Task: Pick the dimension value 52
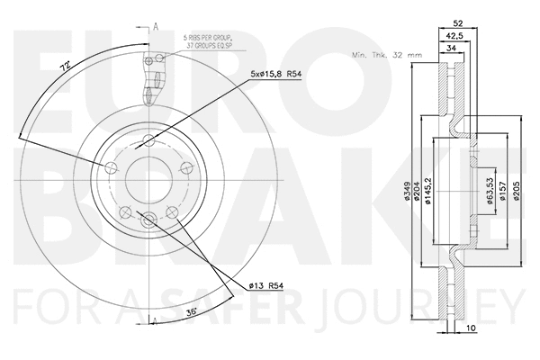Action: tap(458, 24)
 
